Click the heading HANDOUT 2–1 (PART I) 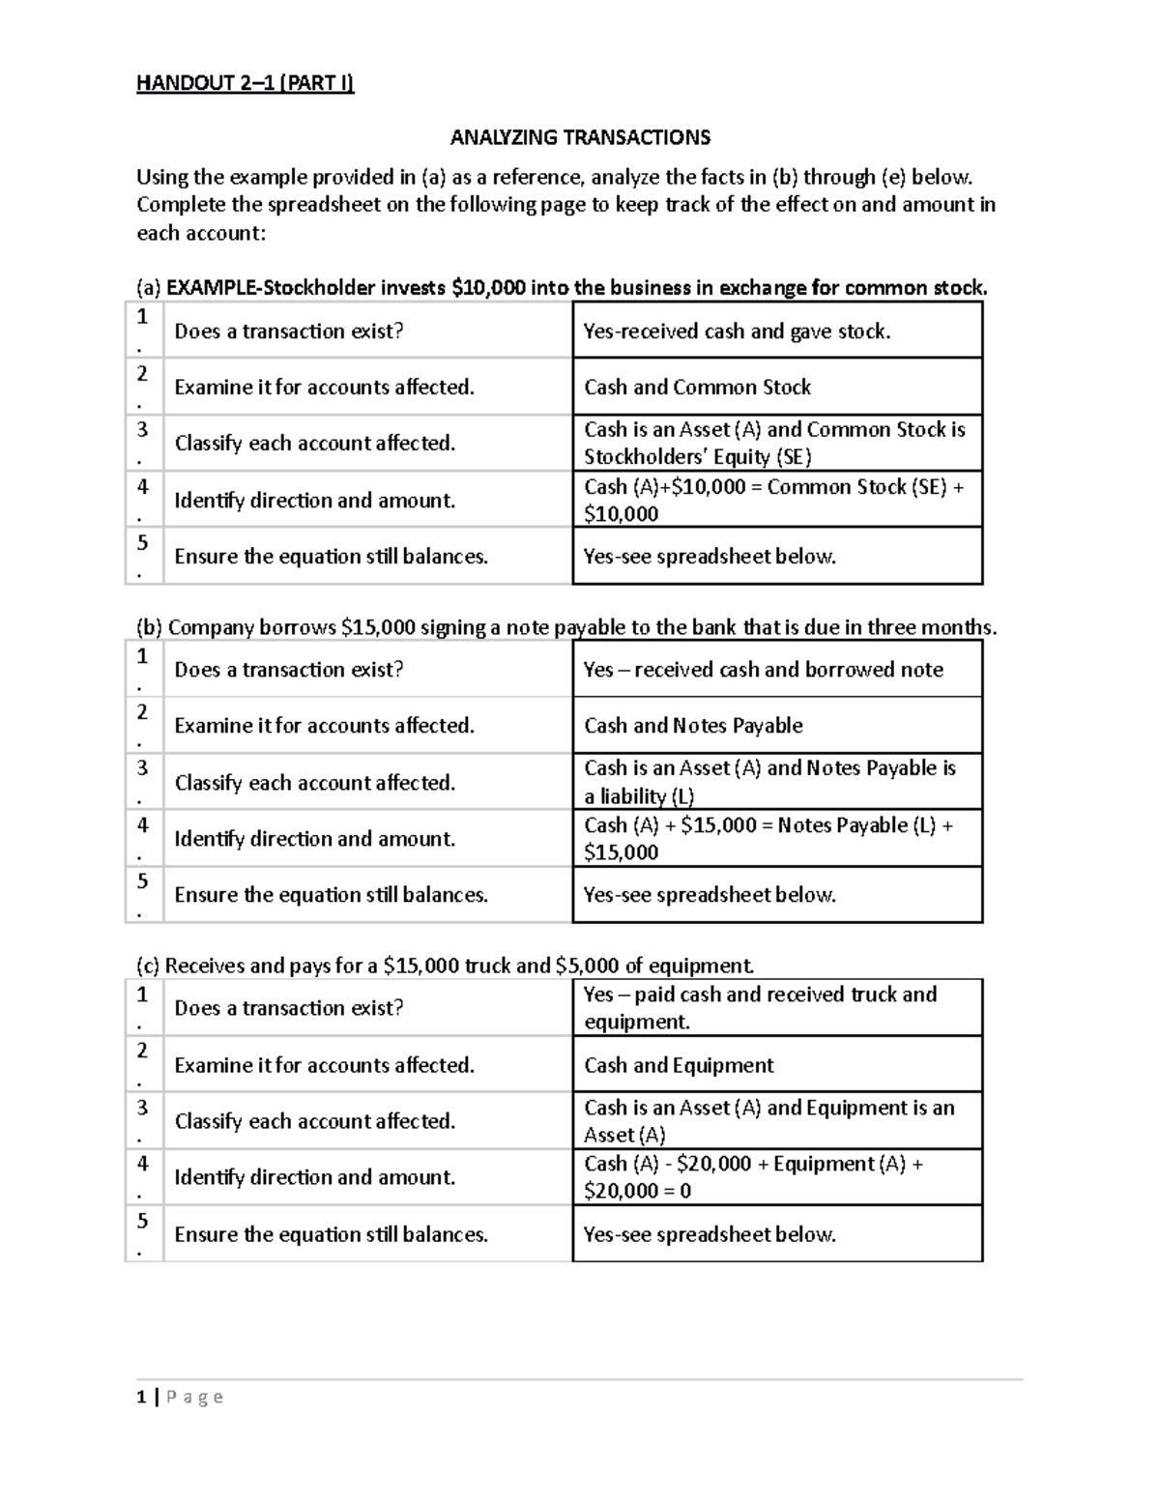tap(246, 83)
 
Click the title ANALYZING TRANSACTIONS tap(580, 137)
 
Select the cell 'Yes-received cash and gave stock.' tap(737, 332)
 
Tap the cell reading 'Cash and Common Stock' tap(697, 388)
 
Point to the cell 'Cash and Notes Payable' tap(693, 726)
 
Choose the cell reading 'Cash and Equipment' tap(679, 1065)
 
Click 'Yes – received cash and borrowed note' tap(763, 670)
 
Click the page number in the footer tap(142, 1397)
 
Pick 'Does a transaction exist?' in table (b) tap(288, 670)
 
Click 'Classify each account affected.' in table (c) tap(314, 1121)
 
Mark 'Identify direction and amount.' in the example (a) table tap(314, 501)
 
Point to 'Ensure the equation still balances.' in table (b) tap(331, 895)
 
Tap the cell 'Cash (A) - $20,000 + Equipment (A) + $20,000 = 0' tap(753, 1176)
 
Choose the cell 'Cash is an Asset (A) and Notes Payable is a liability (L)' tap(769, 782)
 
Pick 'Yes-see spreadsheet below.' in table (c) tap(710, 1234)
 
